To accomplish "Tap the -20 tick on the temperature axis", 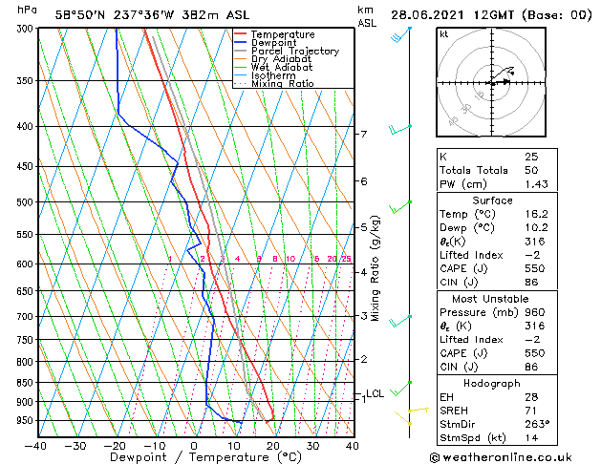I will pos(115,445).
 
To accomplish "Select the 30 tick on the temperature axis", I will pos(312,445).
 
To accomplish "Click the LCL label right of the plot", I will pos(375,393).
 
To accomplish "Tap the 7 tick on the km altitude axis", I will pos(363,135).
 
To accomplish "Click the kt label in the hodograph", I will pos(444,33).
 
